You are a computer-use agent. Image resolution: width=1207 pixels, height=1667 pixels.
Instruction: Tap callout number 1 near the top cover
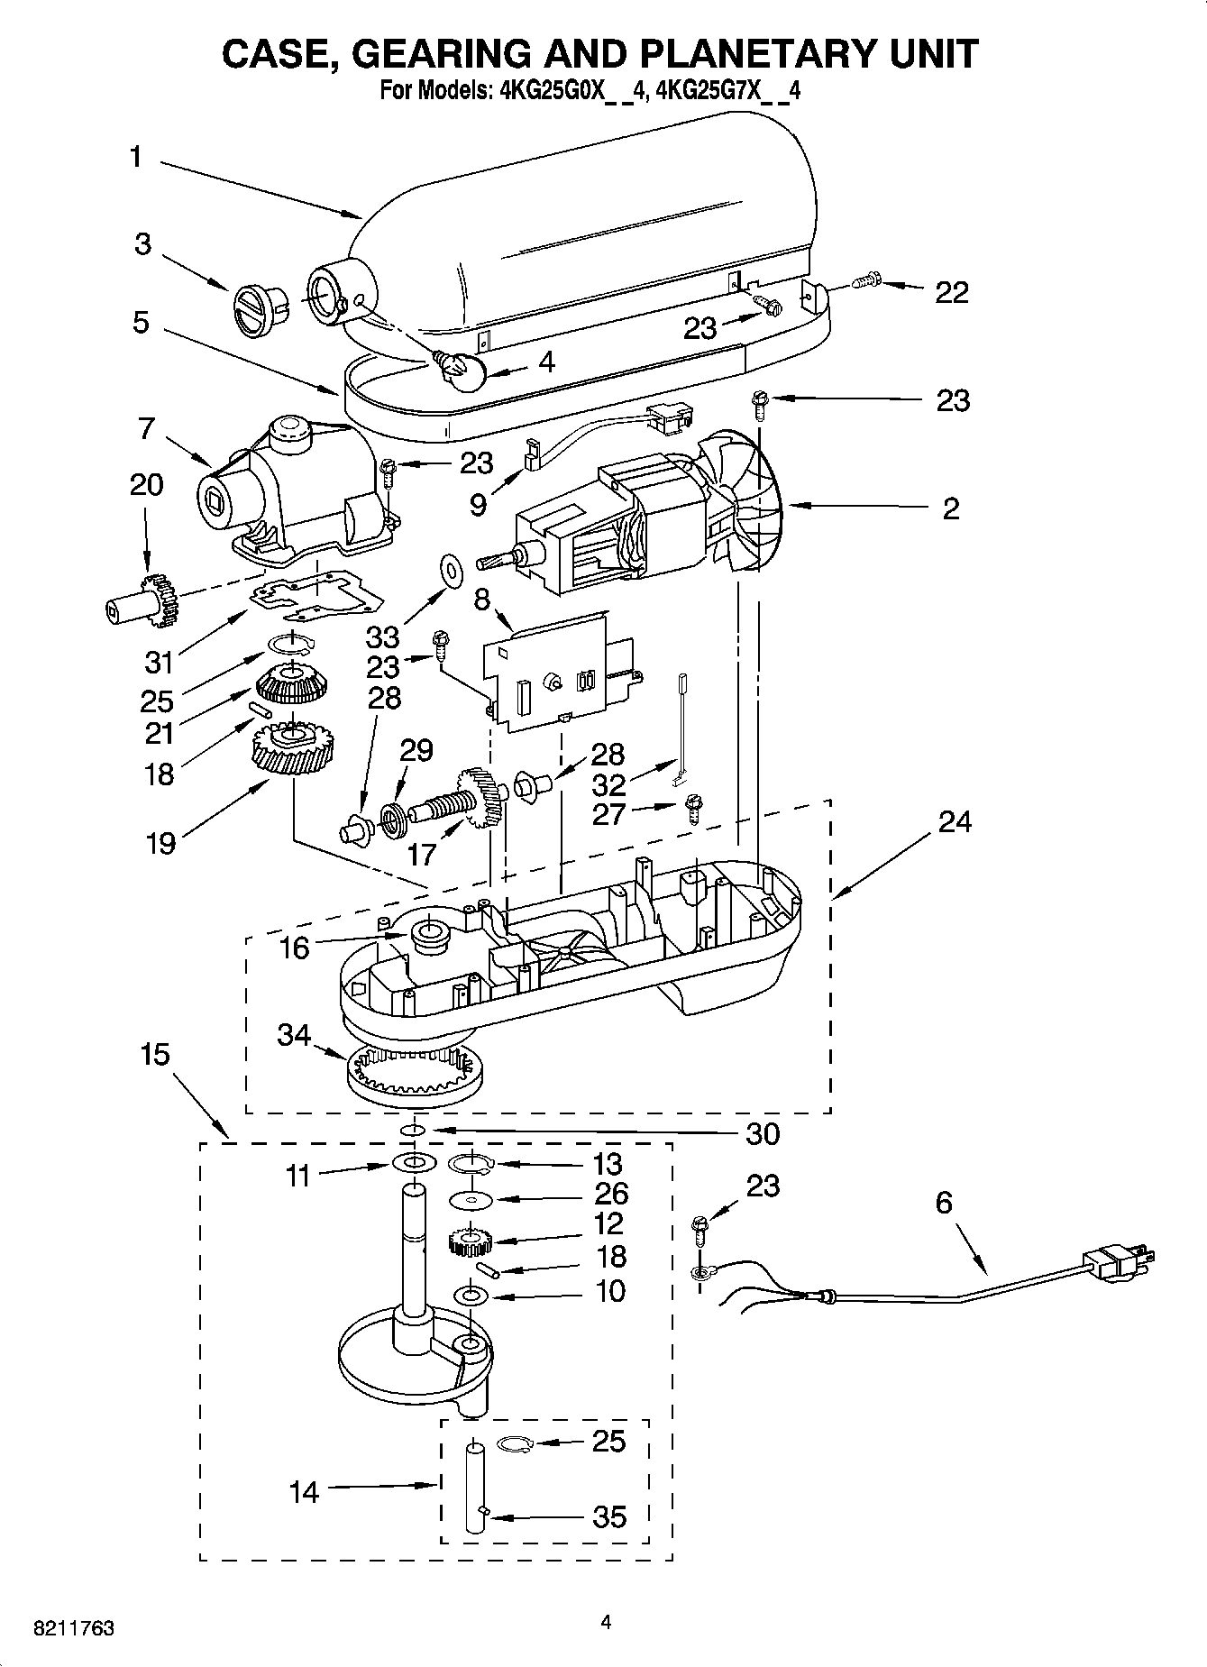[x=135, y=158]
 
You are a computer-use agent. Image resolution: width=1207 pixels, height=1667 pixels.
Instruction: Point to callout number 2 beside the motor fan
[x=951, y=508]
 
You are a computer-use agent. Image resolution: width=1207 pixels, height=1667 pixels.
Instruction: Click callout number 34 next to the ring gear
[x=294, y=1035]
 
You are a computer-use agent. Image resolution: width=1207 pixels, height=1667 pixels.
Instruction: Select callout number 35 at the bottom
[x=608, y=1516]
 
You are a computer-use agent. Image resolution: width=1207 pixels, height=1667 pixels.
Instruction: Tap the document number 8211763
[x=73, y=1628]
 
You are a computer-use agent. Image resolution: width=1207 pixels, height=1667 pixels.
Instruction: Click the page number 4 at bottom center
[x=606, y=1623]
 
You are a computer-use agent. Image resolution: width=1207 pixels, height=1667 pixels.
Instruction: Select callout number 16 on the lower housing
[x=294, y=948]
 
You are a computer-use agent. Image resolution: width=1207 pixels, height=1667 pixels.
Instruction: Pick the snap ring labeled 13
[x=470, y=1165]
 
